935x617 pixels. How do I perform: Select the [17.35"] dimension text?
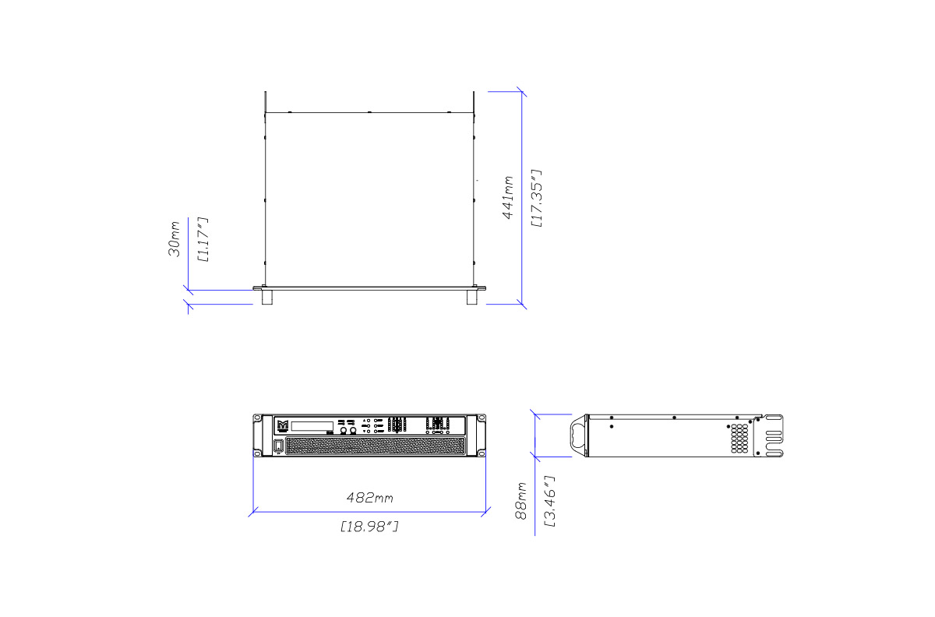pyautogui.click(x=537, y=199)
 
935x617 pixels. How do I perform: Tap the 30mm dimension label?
pyautogui.click(x=174, y=239)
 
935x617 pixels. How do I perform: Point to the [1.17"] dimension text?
pyautogui.click(x=203, y=240)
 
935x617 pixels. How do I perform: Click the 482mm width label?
pyautogui.click(x=370, y=498)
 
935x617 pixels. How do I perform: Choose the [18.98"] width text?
pyautogui.click(x=370, y=527)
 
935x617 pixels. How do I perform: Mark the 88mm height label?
pyautogui.click(x=521, y=501)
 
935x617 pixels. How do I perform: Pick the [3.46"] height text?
pyautogui.click(x=549, y=501)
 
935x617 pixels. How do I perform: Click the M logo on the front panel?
pyautogui.click(x=283, y=425)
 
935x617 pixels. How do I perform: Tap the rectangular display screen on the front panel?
pyautogui.click(x=312, y=426)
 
